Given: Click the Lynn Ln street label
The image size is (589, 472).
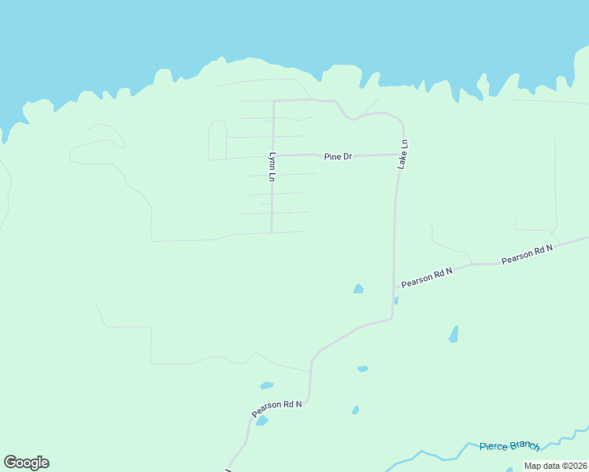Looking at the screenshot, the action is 272,168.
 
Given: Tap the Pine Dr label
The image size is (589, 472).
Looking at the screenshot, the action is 338,157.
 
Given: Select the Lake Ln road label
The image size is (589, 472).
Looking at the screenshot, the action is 403,155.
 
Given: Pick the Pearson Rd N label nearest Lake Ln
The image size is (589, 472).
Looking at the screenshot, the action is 427,277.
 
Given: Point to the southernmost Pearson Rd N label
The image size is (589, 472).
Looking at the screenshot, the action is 277,408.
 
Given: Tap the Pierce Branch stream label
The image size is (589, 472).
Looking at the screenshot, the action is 509,446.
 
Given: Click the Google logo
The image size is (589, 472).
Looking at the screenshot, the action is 26,463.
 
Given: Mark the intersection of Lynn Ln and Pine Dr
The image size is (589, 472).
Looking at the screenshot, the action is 272,156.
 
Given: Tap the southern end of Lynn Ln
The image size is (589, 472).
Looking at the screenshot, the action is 272,232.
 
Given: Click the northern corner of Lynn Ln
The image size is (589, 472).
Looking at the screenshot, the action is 274,101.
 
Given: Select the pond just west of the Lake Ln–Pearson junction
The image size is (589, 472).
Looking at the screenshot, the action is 358,289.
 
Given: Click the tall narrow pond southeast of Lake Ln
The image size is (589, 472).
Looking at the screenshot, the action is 454,334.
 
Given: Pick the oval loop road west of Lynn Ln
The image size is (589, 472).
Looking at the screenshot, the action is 217,140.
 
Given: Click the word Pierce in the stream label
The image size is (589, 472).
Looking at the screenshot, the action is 494,447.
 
